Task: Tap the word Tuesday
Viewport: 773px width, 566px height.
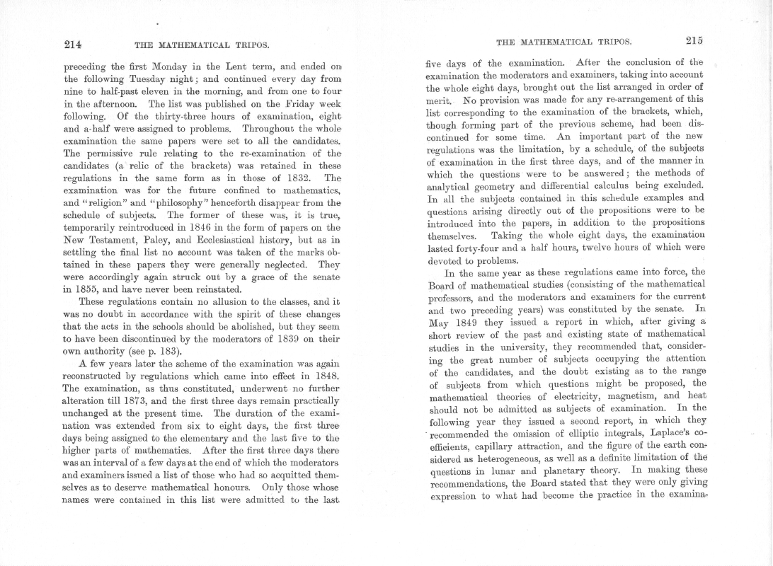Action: tap(146, 79)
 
